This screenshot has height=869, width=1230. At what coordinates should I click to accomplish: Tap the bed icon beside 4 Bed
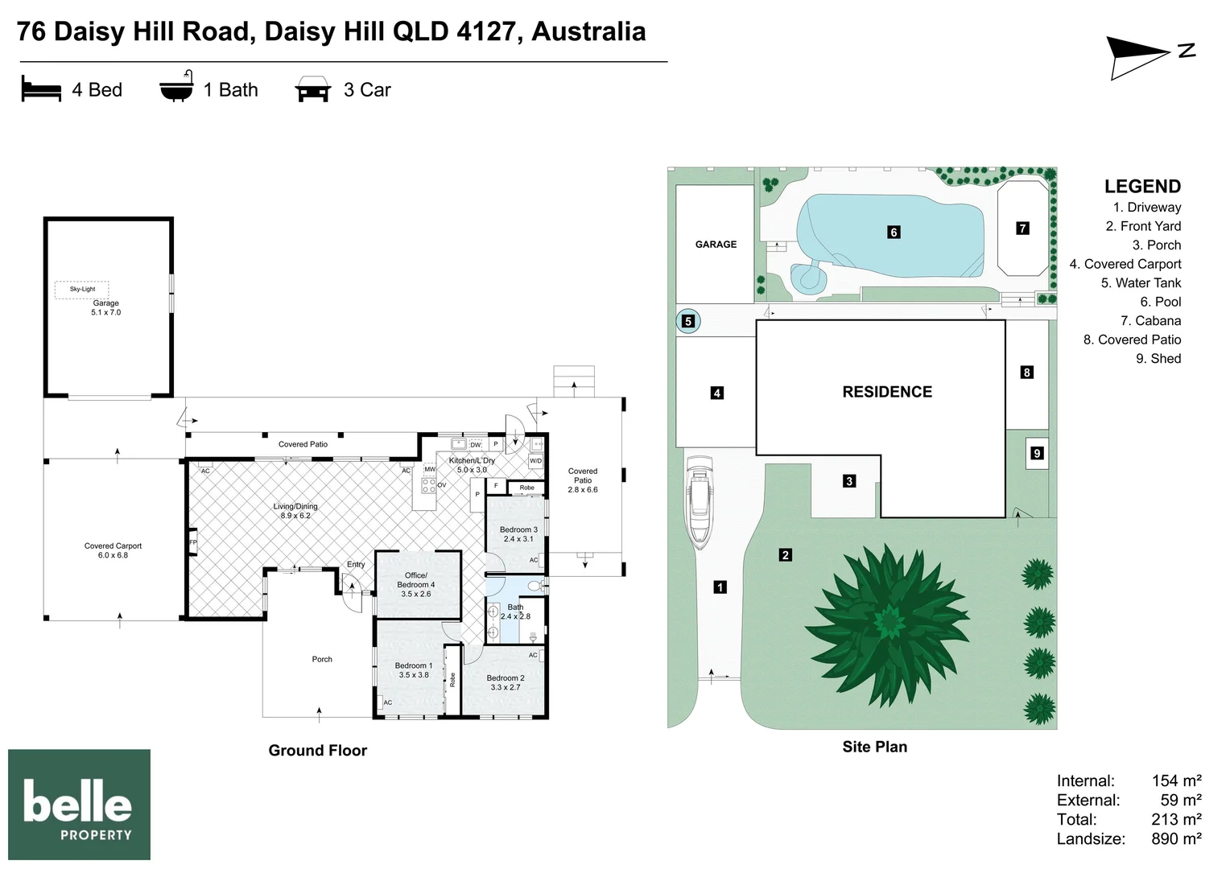pyautogui.click(x=41, y=89)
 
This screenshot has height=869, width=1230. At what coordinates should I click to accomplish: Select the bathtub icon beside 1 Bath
pyautogui.click(x=176, y=86)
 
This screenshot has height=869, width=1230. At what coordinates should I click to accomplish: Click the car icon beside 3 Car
pyautogui.click(x=313, y=89)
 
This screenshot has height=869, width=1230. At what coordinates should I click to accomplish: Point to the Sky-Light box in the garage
pyautogui.click(x=82, y=290)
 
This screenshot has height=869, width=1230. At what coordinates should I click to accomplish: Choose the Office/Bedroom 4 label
pyautogui.click(x=415, y=584)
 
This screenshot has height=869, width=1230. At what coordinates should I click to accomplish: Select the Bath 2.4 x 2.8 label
pyautogui.click(x=515, y=612)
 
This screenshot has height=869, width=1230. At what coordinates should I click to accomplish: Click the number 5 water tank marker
pyautogui.click(x=688, y=321)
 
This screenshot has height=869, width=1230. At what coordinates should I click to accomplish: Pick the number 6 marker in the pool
pyautogui.click(x=894, y=233)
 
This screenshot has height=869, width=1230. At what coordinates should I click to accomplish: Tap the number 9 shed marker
pyautogui.click(x=1037, y=453)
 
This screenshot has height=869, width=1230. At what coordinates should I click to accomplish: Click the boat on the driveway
pyautogui.click(x=700, y=502)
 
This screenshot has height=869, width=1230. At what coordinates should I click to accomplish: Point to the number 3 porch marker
pyautogui.click(x=849, y=481)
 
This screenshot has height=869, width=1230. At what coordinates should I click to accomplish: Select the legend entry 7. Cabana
pyautogui.click(x=1150, y=320)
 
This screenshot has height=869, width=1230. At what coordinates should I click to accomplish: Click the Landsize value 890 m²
pyautogui.click(x=1176, y=838)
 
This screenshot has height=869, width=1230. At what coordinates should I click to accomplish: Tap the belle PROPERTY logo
pyautogui.click(x=79, y=804)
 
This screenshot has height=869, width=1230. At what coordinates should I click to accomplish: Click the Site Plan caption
pyautogui.click(x=875, y=747)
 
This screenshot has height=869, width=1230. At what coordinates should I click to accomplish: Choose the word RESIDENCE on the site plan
pyautogui.click(x=887, y=392)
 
